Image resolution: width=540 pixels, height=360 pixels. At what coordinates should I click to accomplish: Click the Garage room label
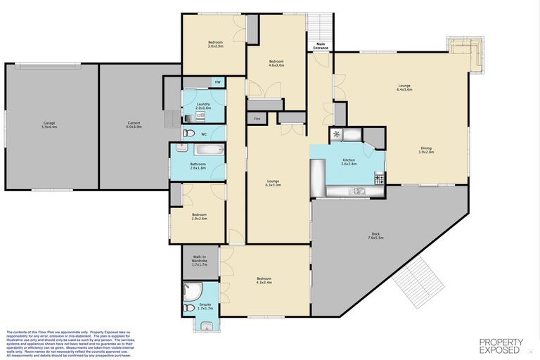point(49,125)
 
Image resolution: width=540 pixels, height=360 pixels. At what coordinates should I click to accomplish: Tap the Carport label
point(134,125)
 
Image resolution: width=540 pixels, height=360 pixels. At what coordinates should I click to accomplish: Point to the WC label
point(204,134)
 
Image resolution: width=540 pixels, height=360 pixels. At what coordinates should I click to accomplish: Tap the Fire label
point(257,119)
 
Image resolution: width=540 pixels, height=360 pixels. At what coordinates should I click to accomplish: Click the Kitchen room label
point(349,162)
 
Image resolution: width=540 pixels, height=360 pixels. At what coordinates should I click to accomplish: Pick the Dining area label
point(427,150)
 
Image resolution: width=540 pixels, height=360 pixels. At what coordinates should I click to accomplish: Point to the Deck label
point(376,237)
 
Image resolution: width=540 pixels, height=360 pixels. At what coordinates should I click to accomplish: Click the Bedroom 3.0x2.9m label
point(215,44)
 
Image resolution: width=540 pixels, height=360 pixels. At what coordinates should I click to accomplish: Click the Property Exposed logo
point(501,345)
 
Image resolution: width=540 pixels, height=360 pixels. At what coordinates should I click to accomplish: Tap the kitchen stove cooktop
point(380,181)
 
